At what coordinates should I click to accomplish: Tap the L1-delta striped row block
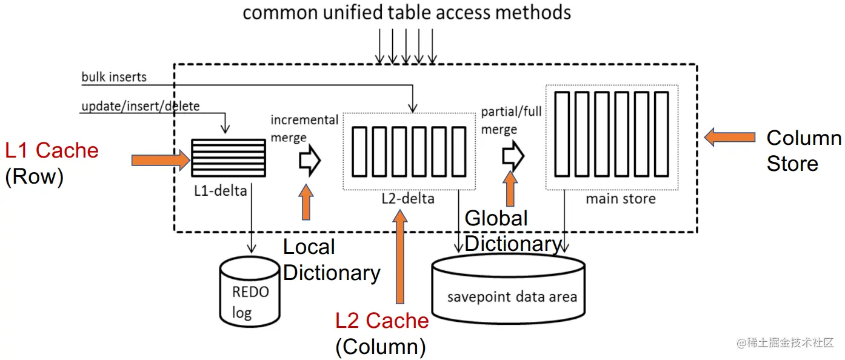click(x=229, y=158)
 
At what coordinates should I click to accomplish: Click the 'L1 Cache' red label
click(x=52, y=150)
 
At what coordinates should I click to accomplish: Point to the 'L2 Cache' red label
click(x=382, y=321)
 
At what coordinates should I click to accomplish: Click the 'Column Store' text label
click(x=803, y=150)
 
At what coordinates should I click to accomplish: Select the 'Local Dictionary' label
click(x=330, y=260)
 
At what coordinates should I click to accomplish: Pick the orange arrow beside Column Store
click(x=729, y=138)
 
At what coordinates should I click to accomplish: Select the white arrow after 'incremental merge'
click(x=309, y=161)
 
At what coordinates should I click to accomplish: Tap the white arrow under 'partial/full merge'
click(x=513, y=156)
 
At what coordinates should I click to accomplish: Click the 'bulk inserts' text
click(x=114, y=77)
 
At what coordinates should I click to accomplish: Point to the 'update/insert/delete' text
click(x=141, y=106)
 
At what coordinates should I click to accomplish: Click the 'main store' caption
click(x=621, y=198)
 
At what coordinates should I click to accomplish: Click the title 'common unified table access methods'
click(x=407, y=12)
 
